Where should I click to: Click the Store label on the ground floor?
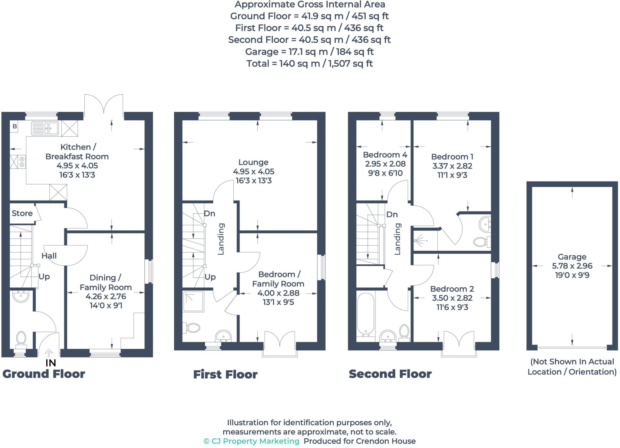tap(22, 213)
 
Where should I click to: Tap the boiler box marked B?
tap(15, 126)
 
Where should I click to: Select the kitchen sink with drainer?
tap(45, 128)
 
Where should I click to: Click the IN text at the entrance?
tap(51, 363)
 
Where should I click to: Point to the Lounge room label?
tap(253, 162)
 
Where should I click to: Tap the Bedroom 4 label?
tap(385, 155)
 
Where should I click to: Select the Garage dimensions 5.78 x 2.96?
tap(572, 266)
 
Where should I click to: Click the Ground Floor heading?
tap(44, 374)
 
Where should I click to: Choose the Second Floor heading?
tap(390, 374)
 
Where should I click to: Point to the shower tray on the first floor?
tap(193, 301)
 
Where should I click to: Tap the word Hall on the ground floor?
tap(49, 256)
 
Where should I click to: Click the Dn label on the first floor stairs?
tap(209, 214)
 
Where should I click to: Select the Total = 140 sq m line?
tap(309, 64)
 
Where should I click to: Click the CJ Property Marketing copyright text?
tap(252, 441)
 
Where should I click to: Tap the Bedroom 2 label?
tap(452, 289)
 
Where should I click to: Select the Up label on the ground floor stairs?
tap(44, 277)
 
